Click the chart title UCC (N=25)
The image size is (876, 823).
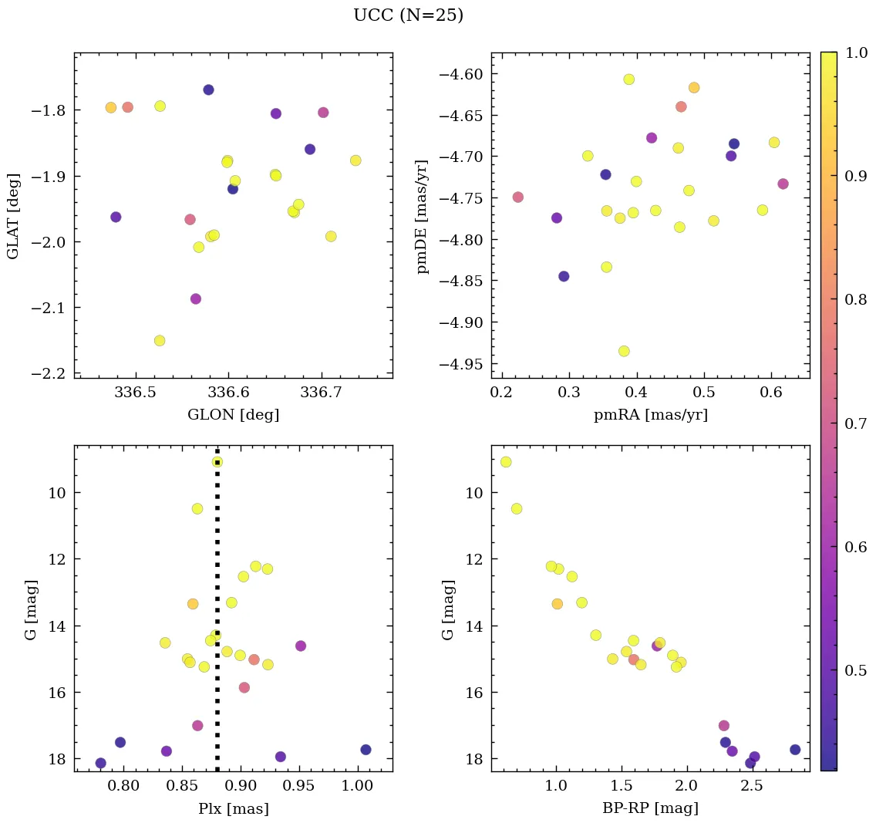click(408, 15)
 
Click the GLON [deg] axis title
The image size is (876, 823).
click(233, 415)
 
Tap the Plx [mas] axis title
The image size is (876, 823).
click(233, 809)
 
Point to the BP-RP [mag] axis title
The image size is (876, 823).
click(650, 809)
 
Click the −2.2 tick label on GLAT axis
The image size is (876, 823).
click(48, 373)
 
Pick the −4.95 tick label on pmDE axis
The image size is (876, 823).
click(460, 363)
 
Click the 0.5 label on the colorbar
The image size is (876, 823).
click(854, 670)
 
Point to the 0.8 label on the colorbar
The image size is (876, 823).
click(854, 299)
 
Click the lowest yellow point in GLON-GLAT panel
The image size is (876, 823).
click(160, 340)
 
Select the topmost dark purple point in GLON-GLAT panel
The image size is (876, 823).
click(208, 89)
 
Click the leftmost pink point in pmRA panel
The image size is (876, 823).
click(517, 197)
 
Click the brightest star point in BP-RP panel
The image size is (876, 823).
click(506, 462)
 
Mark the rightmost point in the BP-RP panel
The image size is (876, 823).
click(795, 749)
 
